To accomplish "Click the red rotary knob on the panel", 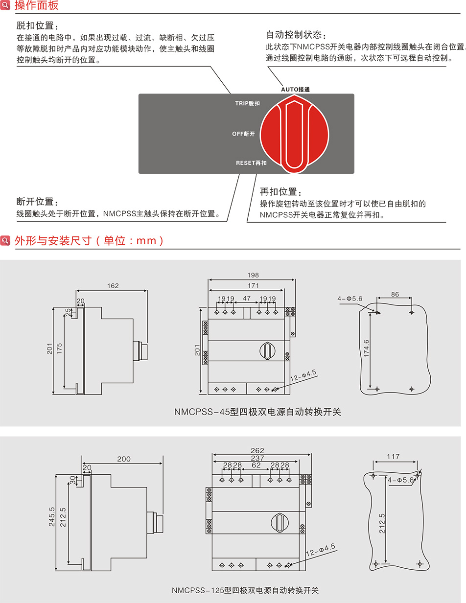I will (x=294, y=134).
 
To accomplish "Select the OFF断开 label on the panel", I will (x=243, y=134).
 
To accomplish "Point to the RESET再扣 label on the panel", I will (x=251, y=162).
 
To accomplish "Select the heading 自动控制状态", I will (x=295, y=35).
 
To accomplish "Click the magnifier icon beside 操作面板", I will (x=5, y=6).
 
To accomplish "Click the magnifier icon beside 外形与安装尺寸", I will (x=5, y=240).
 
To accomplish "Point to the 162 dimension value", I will (x=113, y=286).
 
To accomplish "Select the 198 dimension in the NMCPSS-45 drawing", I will (x=253, y=275).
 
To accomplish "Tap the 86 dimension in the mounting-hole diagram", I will (x=395, y=295).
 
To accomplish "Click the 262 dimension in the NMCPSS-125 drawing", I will (x=257, y=451).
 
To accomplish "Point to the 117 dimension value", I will (x=393, y=457).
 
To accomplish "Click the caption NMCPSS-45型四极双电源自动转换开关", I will (x=257, y=412).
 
